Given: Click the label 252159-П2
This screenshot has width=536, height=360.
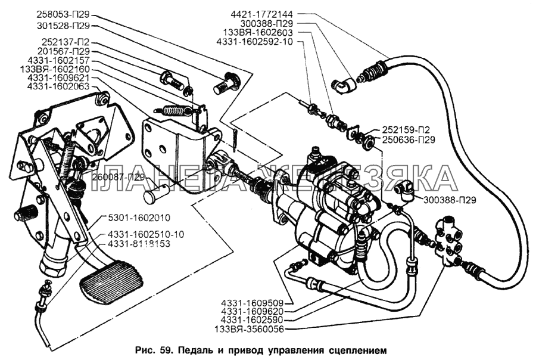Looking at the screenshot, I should coord(404,131).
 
